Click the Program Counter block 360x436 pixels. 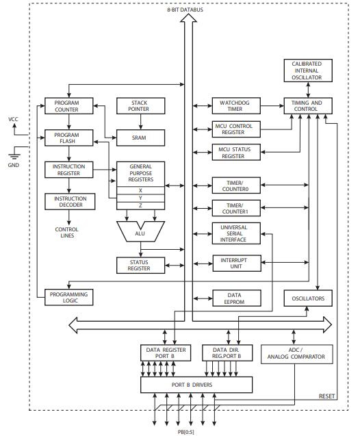(x=66, y=106)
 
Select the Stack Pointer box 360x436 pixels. (x=140, y=106)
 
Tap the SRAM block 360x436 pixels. (x=140, y=138)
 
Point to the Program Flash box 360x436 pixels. (x=66, y=138)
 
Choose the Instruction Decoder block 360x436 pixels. (x=70, y=202)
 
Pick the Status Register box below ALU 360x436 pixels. (x=140, y=264)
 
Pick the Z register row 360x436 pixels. (x=140, y=206)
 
